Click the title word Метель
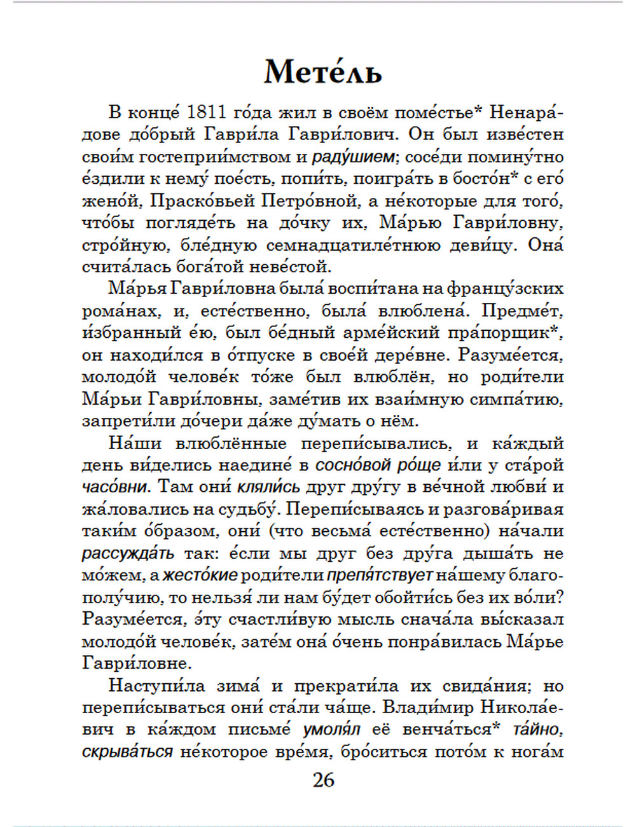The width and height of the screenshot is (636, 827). point(323,71)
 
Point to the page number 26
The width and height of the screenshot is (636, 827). point(323,780)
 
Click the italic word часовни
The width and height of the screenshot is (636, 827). point(114,487)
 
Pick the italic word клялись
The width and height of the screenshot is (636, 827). point(268,487)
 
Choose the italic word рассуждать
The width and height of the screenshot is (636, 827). point(128,553)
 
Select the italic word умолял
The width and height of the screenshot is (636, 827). point(331,730)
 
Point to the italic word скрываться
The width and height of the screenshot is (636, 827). point(127,752)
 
